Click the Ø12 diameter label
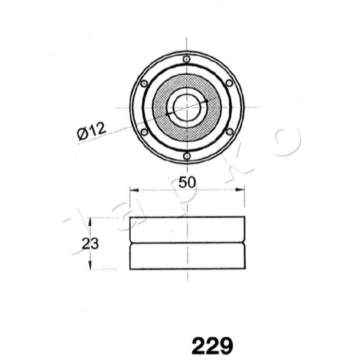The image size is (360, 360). pos(91,131)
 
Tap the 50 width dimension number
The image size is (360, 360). pos(187,182)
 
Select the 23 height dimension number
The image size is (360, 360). pos(90,243)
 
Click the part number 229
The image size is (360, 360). pos(212,346)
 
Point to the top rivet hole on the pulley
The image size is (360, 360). pos(186,59)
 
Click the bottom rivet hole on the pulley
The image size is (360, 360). pos(187,156)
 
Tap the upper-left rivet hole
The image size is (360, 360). pos(144,83)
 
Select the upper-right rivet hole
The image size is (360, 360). pos(229,83)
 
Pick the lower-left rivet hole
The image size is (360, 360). pos(144,132)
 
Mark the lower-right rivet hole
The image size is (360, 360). pos(229,132)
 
